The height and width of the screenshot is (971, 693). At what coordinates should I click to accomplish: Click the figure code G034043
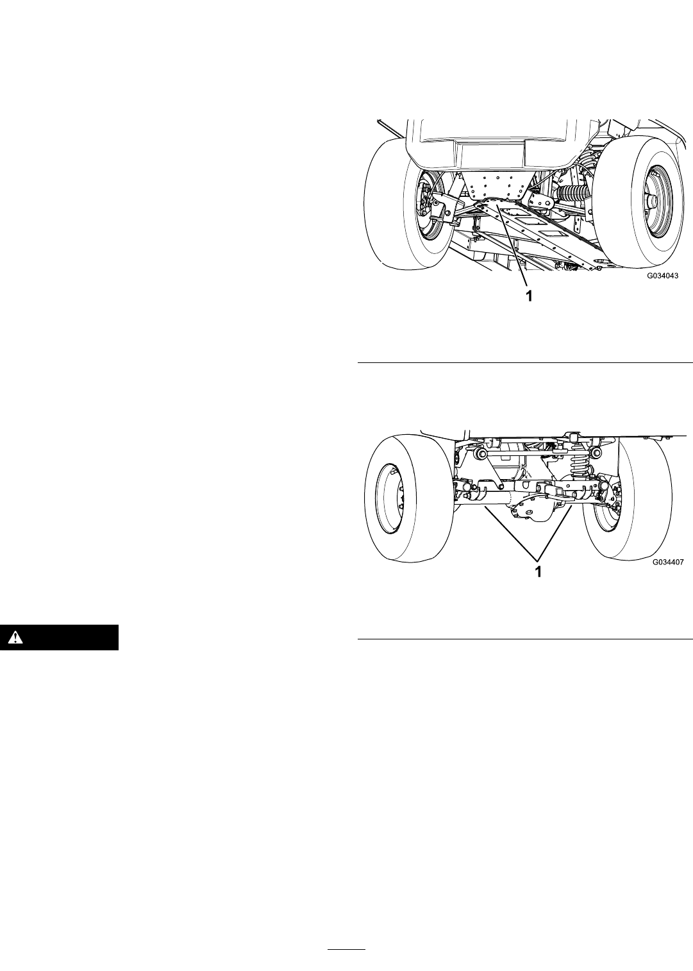[663, 275]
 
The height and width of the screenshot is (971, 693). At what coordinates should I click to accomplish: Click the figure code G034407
[668, 562]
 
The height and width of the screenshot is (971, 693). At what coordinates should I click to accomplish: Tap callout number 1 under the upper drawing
[528, 296]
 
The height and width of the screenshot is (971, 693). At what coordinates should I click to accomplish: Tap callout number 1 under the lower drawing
[538, 571]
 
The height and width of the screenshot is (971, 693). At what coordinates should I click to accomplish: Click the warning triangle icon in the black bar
[16, 637]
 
